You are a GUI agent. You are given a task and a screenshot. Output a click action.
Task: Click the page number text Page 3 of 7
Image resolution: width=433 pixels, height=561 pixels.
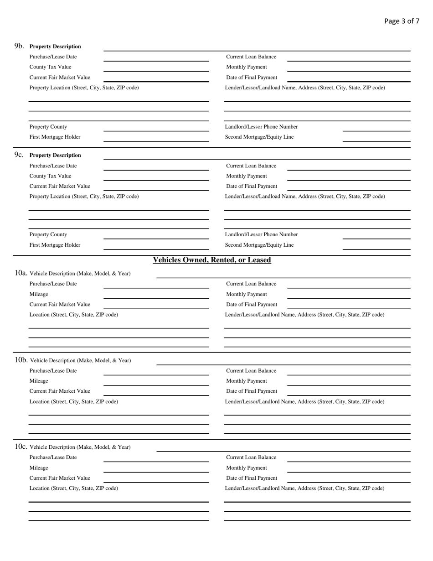click(402, 21)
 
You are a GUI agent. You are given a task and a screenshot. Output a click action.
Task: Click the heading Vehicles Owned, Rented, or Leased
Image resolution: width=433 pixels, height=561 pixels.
click(212, 260)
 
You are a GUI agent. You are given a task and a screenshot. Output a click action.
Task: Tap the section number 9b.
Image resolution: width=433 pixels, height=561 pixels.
click(19, 46)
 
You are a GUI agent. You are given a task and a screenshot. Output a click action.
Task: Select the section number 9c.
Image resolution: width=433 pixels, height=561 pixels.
click(19, 155)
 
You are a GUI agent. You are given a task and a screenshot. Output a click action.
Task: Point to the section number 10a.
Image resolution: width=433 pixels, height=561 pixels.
click(21, 273)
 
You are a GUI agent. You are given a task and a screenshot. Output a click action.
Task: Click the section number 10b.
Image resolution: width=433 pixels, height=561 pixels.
click(21, 360)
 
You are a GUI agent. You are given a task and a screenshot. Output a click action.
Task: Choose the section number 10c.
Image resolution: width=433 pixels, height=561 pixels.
click(21, 447)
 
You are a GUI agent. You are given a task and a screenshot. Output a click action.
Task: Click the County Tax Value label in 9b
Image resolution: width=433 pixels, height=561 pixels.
click(50, 67)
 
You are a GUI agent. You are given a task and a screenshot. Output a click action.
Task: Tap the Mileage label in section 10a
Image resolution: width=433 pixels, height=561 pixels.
click(39, 294)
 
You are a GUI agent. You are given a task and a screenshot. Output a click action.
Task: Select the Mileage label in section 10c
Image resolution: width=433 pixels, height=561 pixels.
click(39, 468)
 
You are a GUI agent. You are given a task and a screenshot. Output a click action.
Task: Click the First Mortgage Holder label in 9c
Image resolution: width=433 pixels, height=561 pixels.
click(55, 245)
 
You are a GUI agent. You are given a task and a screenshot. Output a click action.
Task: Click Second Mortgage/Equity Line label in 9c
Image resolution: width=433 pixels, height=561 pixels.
click(259, 245)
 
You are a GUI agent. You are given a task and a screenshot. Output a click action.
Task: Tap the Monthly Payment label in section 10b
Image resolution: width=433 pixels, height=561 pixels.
click(247, 381)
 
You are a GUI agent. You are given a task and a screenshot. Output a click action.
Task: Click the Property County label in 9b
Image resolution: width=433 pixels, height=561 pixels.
click(48, 127)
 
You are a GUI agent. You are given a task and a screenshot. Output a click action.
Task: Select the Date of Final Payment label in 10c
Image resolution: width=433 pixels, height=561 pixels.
click(252, 478)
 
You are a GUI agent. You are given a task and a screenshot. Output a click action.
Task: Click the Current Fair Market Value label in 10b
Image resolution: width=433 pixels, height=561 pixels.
click(60, 391)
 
